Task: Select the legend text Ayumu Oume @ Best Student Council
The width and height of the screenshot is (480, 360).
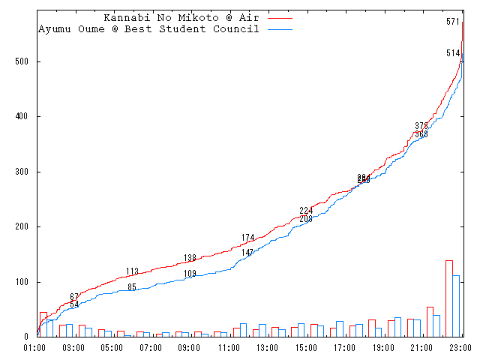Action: tap(148, 28)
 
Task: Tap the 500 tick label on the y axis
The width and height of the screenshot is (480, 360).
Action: tap(22, 61)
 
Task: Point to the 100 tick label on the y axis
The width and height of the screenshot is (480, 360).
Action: tap(22, 282)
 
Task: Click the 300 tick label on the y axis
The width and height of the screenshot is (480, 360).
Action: tap(22, 172)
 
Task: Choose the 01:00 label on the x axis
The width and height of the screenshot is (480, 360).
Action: tap(34, 348)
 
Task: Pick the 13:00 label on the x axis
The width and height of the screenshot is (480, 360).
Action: tap(265, 348)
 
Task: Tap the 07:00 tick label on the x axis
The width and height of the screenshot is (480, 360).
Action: tap(150, 348)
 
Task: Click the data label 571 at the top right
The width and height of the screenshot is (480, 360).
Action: tap(453, 22)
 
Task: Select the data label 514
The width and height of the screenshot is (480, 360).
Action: tap(453, 53)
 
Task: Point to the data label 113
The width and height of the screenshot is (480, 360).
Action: tap(132, 271)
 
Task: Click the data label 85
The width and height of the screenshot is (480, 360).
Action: tap(132, 287)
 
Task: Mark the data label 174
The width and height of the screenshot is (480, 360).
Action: tap(247, 238)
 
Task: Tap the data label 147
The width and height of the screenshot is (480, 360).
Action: tap(247, 253)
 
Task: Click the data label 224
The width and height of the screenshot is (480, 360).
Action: tap(305, 211)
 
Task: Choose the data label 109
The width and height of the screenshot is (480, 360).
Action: tap(190, 274)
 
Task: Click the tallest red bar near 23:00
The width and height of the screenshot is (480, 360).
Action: tap(448, 298)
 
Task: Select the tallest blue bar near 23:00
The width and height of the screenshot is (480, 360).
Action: tap(456, 306)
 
